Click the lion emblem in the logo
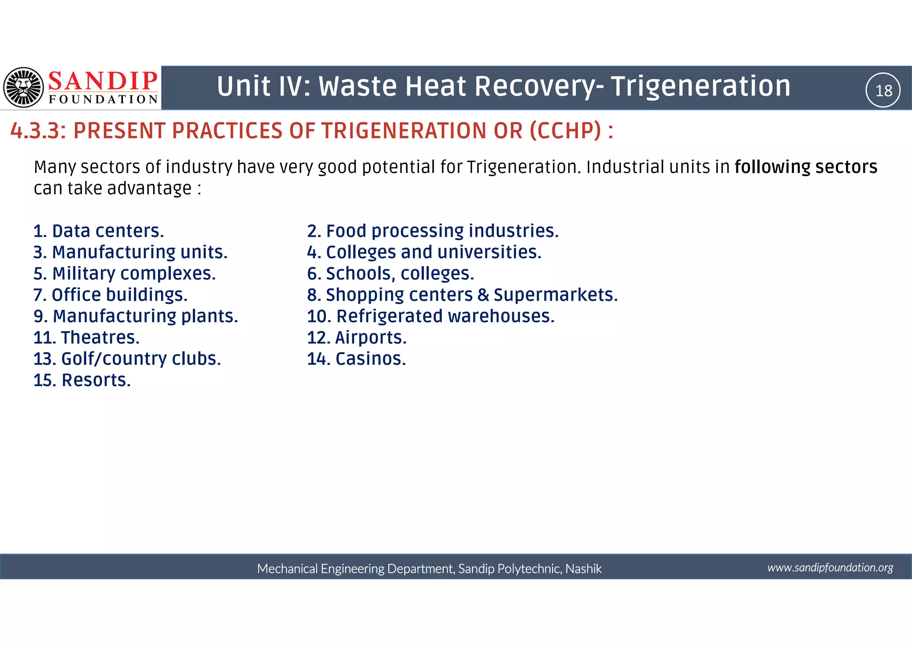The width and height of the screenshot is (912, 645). [24, 87]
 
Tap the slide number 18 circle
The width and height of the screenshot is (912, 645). [883, 90]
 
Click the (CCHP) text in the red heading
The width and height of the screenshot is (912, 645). [566, 131]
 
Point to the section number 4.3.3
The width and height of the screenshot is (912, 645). [38, 131]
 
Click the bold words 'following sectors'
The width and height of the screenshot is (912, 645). [806, 167]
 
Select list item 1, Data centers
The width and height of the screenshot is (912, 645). [99, 231]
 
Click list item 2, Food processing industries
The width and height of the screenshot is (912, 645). [433, 231]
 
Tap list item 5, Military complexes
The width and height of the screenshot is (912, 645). [125, 274]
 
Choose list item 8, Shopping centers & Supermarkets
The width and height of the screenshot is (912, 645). [462, 295]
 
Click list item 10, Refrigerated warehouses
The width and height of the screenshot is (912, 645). [431, 316]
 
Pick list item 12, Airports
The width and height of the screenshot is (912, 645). [357, 338]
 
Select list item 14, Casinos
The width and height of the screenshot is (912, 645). [356, 359]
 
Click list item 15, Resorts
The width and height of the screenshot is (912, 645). [82, 380]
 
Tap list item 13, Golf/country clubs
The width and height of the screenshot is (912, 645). [127, 359]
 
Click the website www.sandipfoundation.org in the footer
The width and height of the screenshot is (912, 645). [830, 567]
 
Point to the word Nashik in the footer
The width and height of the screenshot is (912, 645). [583, 569]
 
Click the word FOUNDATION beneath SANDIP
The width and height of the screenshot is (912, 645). [103, 99]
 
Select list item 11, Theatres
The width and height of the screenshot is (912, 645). [87, 338]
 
